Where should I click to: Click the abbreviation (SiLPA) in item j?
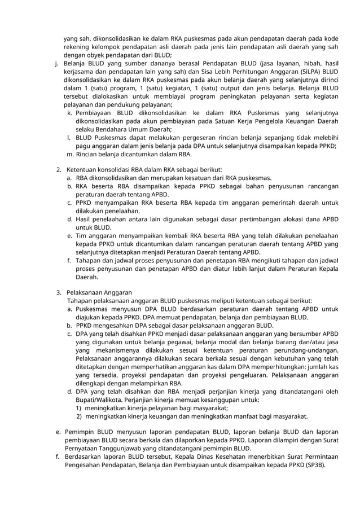tap(305, 72)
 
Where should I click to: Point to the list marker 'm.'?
tap(70, 153)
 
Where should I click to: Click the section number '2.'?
tap(59, 169)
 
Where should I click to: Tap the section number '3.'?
tap(59, 292)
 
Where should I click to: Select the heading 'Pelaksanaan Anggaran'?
tap(99, 292)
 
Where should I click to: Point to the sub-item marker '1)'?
tap(79, 408)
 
